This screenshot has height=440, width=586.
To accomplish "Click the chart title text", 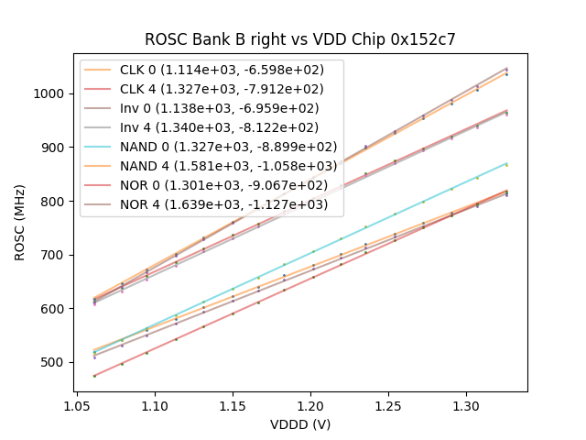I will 300,39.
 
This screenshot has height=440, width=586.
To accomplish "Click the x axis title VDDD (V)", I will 300,424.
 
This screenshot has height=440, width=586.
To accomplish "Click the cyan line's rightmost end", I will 506,164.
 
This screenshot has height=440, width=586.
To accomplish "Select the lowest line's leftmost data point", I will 94,376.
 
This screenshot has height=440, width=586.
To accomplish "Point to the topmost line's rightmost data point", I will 506,69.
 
